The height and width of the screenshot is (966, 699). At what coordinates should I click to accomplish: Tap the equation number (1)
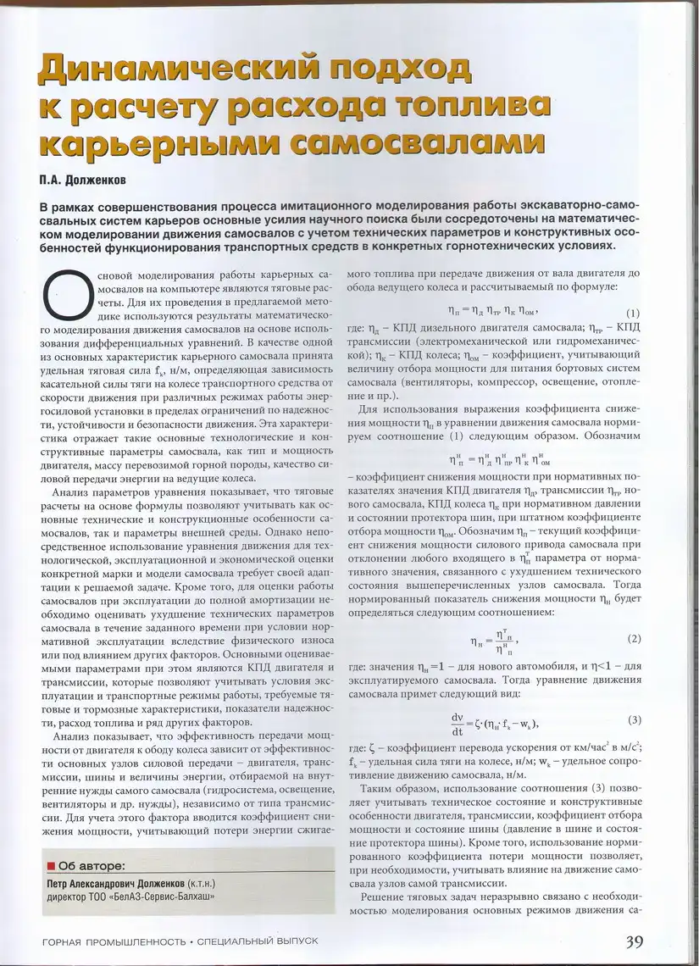pyautogui.click(x=632, y=312)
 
